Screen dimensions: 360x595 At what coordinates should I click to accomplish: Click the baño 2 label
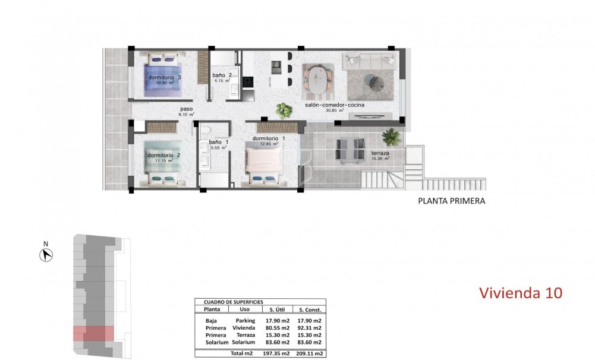(225, 75)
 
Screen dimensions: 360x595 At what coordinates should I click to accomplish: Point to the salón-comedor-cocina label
(335, 105)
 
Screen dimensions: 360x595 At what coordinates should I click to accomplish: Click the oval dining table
(317, 80)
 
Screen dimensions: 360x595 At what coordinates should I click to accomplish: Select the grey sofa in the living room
(369, 60)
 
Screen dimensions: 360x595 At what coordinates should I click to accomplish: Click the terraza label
(380, 153)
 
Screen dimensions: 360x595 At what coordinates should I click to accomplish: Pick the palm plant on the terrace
(391, 137)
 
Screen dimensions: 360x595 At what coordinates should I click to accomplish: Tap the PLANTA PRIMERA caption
(452, 201)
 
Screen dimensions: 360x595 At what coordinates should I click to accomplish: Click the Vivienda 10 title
(520, 293)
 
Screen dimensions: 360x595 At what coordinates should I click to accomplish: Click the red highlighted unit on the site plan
(93, 333)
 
